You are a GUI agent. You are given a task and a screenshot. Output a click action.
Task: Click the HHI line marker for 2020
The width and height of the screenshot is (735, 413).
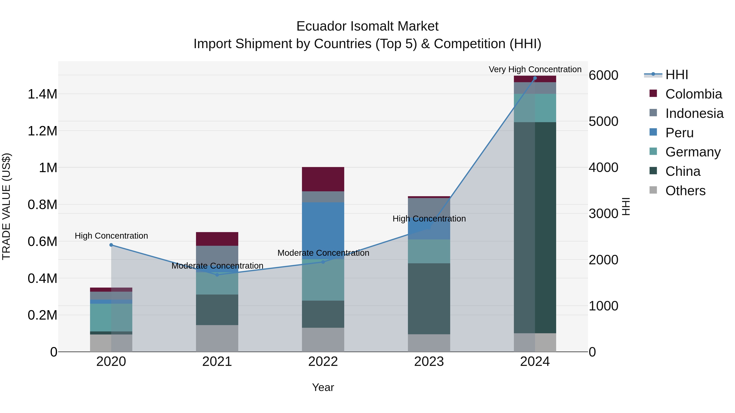pyautogui.click(x=111, y=245)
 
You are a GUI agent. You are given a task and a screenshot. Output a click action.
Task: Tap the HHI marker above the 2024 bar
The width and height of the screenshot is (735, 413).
pyautogui.click(x=535, y=78)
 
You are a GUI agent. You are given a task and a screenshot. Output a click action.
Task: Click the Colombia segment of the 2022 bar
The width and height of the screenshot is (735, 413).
pyautogui.click(x=323, y=179)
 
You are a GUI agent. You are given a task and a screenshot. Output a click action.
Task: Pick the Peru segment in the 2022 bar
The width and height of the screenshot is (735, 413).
pyautogui.click(x=323, y=225)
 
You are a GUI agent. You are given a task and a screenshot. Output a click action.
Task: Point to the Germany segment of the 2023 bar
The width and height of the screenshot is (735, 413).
pyautogui.click(x=429, y=251)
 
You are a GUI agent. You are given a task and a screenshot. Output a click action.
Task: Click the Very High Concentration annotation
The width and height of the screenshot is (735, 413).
pyautogui.click(x=535, y=69)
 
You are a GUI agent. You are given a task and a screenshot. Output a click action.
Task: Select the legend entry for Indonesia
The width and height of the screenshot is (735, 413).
pyautogui.click(x=694, y=113)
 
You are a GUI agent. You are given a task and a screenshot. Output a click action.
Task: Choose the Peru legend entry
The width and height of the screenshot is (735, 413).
pyautogui.click(x=679, y=133)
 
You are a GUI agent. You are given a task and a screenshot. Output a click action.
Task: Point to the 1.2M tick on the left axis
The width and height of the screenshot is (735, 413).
pyautogui.click(x=42, y=131)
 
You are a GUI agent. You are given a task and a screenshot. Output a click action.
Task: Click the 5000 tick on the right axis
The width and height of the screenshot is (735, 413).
pyautogui.click(x=603, y=121)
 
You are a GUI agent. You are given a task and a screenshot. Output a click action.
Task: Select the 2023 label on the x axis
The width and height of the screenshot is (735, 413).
pyautogui.click(x=429, y=362)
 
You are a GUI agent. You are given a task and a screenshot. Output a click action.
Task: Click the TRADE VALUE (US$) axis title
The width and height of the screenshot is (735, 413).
pyautogui.click(x=6, y=206)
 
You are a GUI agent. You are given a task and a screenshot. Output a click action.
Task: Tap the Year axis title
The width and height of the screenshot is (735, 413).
pyautogui.click(x=323, y=387)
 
